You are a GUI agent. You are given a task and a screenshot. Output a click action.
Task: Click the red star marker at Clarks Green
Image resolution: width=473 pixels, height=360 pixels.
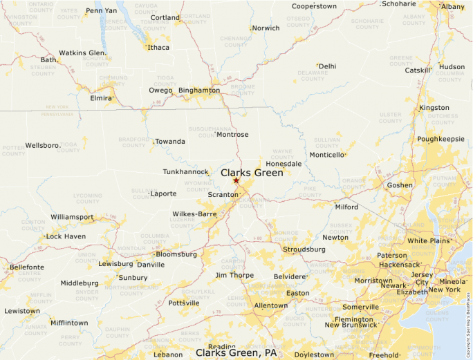tap(236, 180)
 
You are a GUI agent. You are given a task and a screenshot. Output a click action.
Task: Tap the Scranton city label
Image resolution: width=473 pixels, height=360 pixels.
tap(223, 195)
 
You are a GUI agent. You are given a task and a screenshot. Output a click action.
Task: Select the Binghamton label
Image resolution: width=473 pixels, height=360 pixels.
tap(199, 91)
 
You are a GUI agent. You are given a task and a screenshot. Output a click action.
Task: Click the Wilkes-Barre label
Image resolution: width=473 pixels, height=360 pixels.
tap(194, 214)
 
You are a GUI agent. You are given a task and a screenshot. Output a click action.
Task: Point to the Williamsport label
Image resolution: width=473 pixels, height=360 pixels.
tap(72, 217)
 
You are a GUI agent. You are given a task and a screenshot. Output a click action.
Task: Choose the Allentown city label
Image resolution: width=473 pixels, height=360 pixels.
tap(271, 305)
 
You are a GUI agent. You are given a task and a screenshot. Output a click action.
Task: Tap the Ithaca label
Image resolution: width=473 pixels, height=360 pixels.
tap(158, 48)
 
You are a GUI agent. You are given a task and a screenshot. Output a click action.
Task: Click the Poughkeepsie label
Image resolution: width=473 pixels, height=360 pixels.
tap(440, 139)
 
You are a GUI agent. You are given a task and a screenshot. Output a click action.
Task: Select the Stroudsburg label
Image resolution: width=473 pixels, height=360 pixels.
tap(304, 249)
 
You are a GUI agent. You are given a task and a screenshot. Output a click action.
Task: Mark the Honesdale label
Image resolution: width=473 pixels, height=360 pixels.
tap(284, 164)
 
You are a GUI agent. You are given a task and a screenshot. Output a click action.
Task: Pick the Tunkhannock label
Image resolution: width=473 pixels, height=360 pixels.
tap(185, 171)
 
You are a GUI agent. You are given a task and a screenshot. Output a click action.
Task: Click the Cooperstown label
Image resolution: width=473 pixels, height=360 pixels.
tap(314, 6)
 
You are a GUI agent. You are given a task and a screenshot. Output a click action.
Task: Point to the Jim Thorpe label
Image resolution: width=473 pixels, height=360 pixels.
tap(235, 275)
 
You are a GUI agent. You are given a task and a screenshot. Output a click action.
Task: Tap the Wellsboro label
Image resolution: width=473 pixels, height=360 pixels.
tap(42, 146)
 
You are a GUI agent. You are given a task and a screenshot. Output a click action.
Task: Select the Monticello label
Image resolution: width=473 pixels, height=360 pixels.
tap(326, 155)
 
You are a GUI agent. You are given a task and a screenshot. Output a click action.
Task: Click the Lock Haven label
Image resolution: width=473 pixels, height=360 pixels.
tap(66, 236)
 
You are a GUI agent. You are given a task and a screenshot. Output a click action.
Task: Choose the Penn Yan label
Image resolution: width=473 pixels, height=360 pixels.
tap(101, 12)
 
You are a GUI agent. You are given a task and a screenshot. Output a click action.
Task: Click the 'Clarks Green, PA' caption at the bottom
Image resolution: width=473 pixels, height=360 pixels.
tap(236, 352)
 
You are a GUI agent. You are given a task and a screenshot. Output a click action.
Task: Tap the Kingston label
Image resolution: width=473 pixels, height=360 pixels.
tap(434, 108)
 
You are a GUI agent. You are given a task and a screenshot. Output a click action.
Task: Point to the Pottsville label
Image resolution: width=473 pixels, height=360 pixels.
tap(183, 303)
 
